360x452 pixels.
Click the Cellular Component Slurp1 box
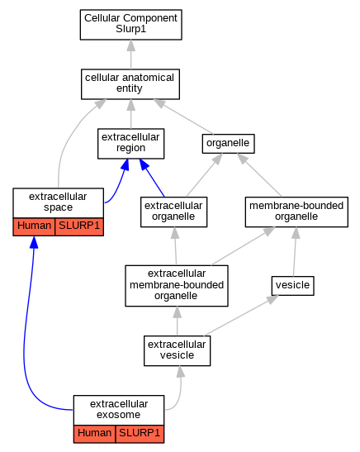[x=130, y=25]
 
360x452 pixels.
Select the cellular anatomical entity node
[x=130, y=84]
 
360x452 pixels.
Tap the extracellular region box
[x=130, y=144]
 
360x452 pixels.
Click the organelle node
[x=228, y=144]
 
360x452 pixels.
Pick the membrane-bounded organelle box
[x=296, y=212]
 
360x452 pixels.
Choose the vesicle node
[x=292, y=286]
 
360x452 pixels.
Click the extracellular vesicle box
[x=178, y=350]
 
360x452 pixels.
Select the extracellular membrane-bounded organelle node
[x=177, y=286]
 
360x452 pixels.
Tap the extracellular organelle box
[x=173, y=212]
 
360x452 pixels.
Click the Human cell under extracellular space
[x=34, y=226]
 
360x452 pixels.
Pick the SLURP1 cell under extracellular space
[x=79, y=226]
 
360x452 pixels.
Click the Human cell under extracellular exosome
[x=94, y=434]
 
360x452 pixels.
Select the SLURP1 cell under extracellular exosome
[x=140, y=434]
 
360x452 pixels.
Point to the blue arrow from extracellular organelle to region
[x=152, y=178]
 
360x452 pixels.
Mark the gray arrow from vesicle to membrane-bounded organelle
[x=295, y=252]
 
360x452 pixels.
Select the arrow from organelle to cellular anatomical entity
[x=183, y=117]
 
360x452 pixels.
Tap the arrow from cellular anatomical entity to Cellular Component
[x=131, y=55]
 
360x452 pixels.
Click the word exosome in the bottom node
[x=119, y=415]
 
